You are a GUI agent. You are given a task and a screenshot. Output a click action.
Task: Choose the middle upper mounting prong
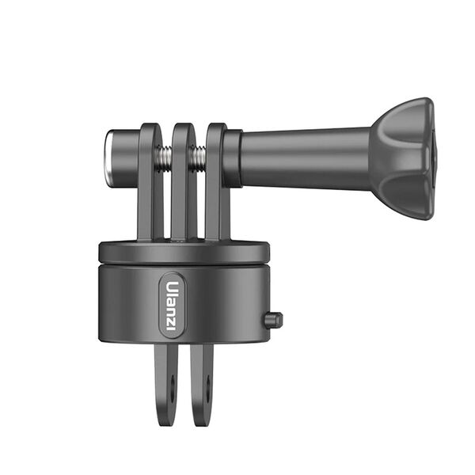pyautogui.click(x=183, y=182)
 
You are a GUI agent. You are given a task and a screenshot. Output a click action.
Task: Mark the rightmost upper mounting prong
pyautogui.click(x=216, y=182)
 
